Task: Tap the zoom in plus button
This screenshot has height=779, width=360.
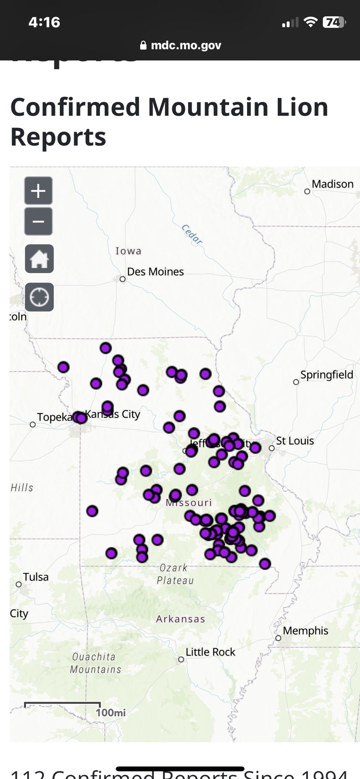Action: (x=38, y=191)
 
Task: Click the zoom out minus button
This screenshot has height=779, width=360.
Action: (x=38, y=221)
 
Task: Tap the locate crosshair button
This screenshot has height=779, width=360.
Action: (x=39, y=297)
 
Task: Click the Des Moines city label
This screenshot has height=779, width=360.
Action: (x=155, y=272)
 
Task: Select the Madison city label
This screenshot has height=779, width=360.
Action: (x=332, y=184)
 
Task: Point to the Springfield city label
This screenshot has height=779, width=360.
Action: (x=327, y=375)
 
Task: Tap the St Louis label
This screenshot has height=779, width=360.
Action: (x=295, y=441)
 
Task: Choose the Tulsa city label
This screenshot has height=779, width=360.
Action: (x=36, y=577)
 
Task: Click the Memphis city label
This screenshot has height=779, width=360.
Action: (x=305, y=631)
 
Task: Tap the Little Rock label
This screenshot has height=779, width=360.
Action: (x=210, y=652)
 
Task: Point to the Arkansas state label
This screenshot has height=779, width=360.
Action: (x=180, y=619)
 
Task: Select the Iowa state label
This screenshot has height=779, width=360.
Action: (x=129, y=251)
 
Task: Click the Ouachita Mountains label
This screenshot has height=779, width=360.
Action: (x=96, y=663)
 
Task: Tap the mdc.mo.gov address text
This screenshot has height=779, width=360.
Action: (x=186, y=45)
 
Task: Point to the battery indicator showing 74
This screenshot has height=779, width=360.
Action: (x=334, y=22)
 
